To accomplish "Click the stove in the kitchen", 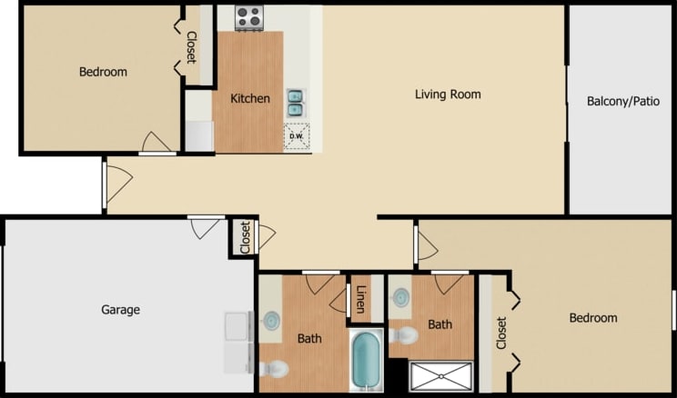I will tap(248, 17).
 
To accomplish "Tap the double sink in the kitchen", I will tap(296, 103).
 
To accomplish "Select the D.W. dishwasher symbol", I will tap(296, 136).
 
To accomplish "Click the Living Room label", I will tap(448, 95).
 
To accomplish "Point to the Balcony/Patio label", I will tap(623, 102).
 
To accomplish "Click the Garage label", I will tap(120, 310).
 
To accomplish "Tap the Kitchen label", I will tap(249, 98).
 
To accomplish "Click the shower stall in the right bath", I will tap(441, 376).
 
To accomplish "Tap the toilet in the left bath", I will tap(273, 368).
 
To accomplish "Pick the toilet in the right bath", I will tap(403, 336).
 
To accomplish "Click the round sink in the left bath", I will tap(270, 320).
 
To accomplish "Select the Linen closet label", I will tap(361, 299).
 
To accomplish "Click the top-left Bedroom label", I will tap(103, 72).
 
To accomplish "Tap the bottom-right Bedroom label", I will tap(592, 318).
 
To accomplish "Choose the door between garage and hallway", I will tap(206, 226).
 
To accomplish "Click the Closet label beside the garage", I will tap(245, 237).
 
